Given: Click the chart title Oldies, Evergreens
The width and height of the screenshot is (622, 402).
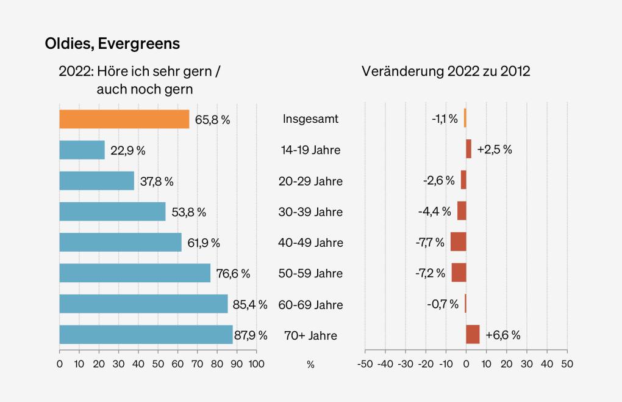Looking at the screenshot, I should pos(112,44).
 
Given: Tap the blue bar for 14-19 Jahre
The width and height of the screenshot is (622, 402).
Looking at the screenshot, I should pos(82,150).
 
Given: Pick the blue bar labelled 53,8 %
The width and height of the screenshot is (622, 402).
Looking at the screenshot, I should pos(112,211).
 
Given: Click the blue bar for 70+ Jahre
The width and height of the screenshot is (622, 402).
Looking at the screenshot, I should pos(146,335).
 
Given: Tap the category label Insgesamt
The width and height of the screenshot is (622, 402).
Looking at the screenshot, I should pos(310,119).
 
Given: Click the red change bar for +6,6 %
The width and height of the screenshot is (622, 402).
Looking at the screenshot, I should pos(473,335).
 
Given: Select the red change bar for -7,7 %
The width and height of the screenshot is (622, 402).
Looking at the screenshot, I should pos(458,242).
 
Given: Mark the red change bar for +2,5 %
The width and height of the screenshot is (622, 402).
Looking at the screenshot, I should pos(468,149).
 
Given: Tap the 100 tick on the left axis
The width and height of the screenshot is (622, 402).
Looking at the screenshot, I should pos(256,364).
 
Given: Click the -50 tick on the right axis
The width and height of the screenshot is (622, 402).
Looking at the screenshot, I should pos(365,364).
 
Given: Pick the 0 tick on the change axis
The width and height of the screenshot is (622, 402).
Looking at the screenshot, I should pos(466,364).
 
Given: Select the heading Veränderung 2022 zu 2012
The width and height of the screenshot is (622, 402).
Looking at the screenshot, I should pos(446,71).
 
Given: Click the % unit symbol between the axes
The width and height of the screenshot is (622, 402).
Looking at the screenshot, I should pos(310,365).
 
